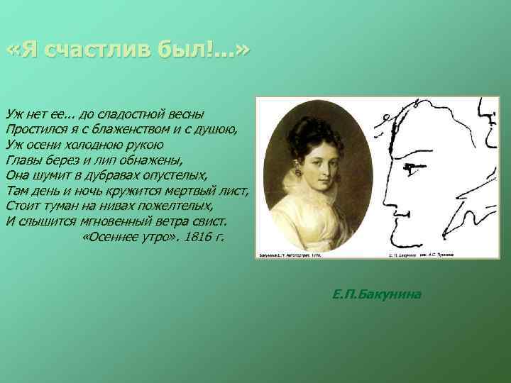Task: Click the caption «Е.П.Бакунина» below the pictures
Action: [376, 292]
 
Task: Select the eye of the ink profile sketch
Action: [410, 167]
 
